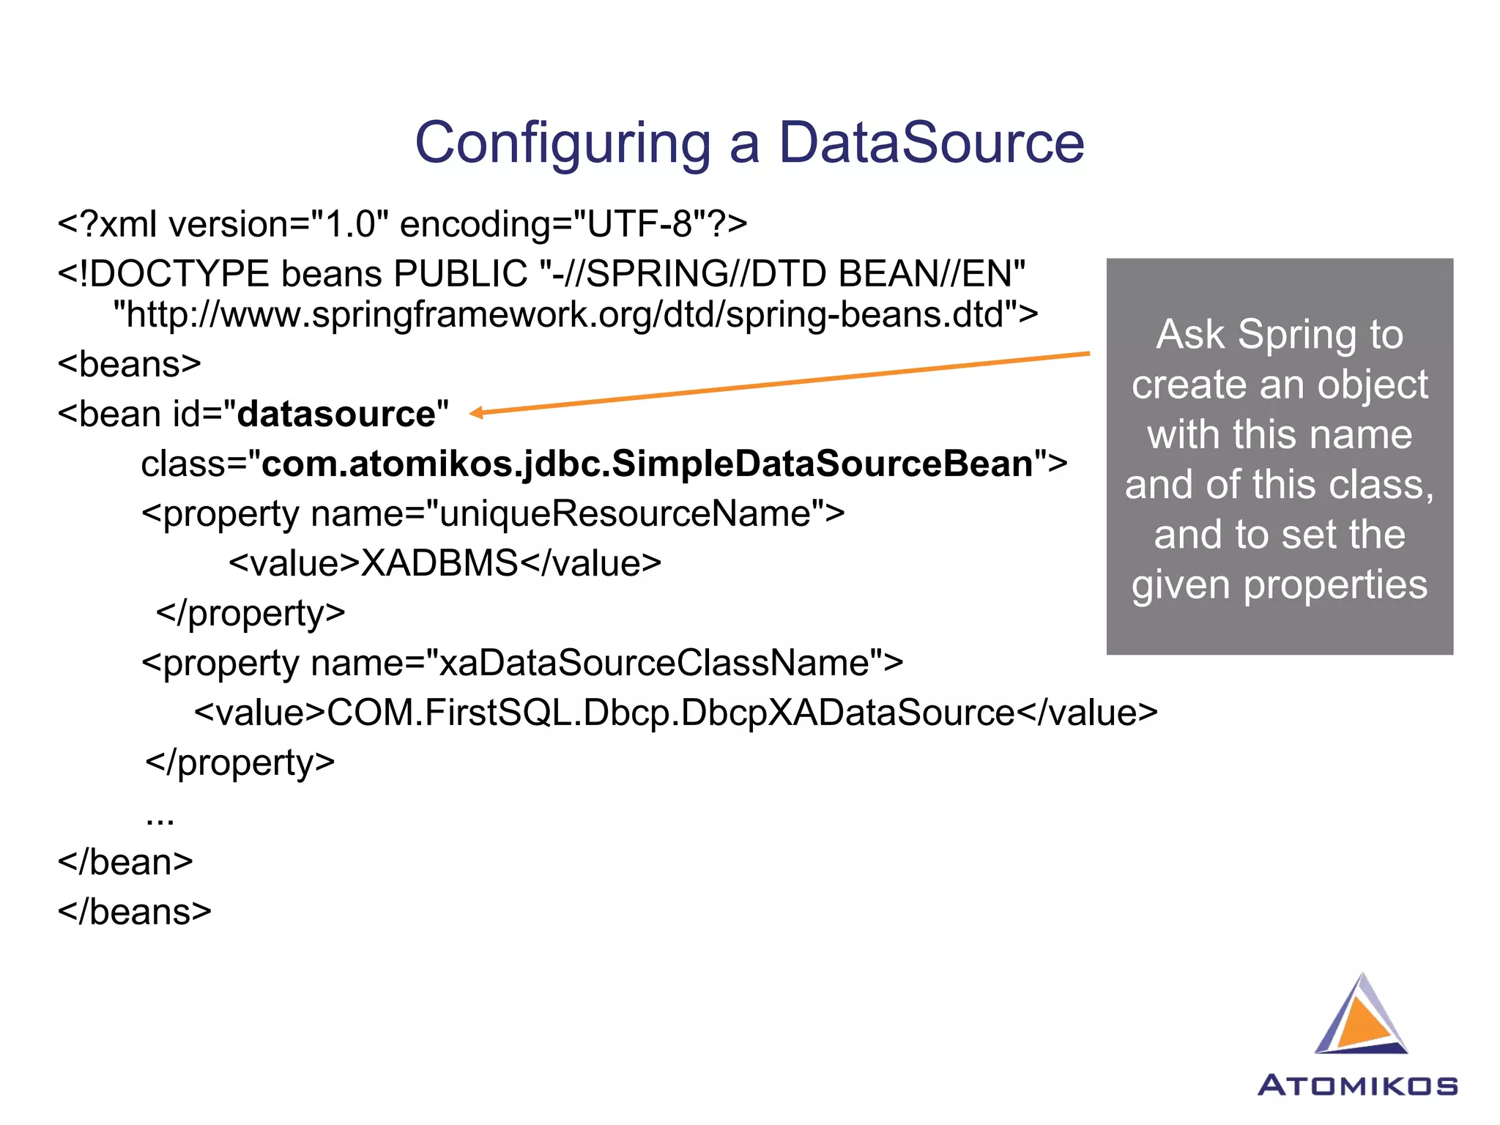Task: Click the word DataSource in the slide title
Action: [x=930, y=143]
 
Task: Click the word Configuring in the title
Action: [x=562, y=143]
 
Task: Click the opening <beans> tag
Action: [x=130, y=364]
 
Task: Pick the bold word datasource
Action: [x=337, y=415]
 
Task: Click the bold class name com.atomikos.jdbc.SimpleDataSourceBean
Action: [x=647, y=464]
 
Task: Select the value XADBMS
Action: [x=439, y=564]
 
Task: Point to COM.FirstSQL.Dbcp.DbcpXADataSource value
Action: [x=670, y=713]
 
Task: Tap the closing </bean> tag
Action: [x=126, y=863]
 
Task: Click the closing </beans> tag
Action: [x=135, y=913]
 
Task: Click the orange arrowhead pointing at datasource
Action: [x=477, y=413]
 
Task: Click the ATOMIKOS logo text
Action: [x=1357, y=1085]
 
